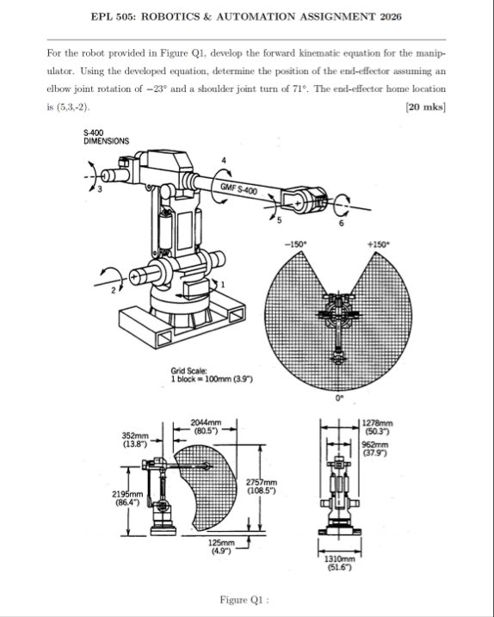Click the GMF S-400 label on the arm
click(239, 188)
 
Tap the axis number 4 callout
click(224, 160)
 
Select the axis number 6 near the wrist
click(342, 223)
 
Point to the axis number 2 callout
click(114, 291)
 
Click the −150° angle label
click(295, 244)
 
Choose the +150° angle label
click(379, 244)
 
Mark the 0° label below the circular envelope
click(339, 398)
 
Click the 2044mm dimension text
click(206, 423)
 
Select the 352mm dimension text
click(135, 435)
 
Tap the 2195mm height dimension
click(127, 494)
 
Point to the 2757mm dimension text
click(262, 483)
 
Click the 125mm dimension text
click(221, 543)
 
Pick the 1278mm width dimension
click(377, 423)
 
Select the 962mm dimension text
click(374, 445)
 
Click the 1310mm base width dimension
click(339, 559)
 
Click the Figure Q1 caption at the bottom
click(244, 600)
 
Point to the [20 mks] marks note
click(425, 107)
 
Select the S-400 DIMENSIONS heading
click(106, 137)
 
